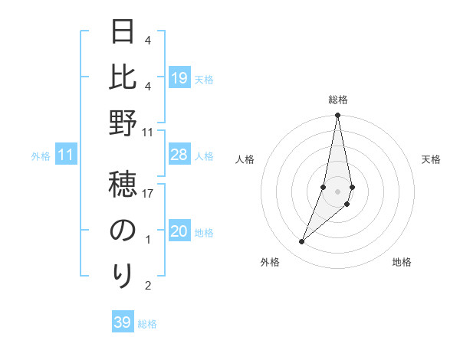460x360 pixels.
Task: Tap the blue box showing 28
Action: [179, 155]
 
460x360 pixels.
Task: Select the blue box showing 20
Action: [179, 232]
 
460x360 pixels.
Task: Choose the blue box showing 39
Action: [122, 322]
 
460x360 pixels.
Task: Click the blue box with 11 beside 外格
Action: [65, 155]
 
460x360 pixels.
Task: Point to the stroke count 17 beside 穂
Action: [148, 194]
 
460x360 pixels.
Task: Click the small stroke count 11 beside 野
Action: [148, 133]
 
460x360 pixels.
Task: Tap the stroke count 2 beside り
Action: [148, 286]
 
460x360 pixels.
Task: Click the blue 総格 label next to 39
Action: [148, 324]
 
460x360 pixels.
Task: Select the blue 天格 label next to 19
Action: [204, 80]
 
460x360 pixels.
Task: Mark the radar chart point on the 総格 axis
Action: [337, 116]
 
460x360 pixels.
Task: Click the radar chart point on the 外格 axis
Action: [301, 242]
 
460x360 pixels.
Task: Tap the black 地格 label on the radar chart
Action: [402, 263]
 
